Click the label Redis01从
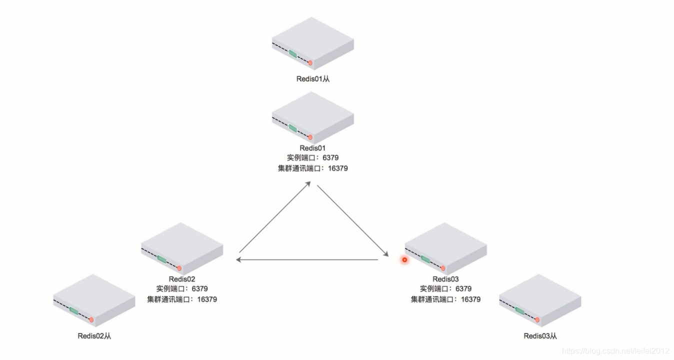312,78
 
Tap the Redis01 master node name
312,147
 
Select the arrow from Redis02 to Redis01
275,217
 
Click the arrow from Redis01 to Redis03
352,220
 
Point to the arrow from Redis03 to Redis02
307,259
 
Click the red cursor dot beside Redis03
404,259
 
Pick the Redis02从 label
94,336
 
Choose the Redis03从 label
540,336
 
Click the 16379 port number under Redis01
337,168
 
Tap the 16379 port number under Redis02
207,299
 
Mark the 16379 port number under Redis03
470,299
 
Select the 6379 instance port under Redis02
199,288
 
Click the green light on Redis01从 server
293,53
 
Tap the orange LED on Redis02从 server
91,319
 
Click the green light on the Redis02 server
161,259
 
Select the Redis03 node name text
445,279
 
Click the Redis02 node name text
182,279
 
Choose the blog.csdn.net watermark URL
615,351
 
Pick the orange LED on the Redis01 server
310,137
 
